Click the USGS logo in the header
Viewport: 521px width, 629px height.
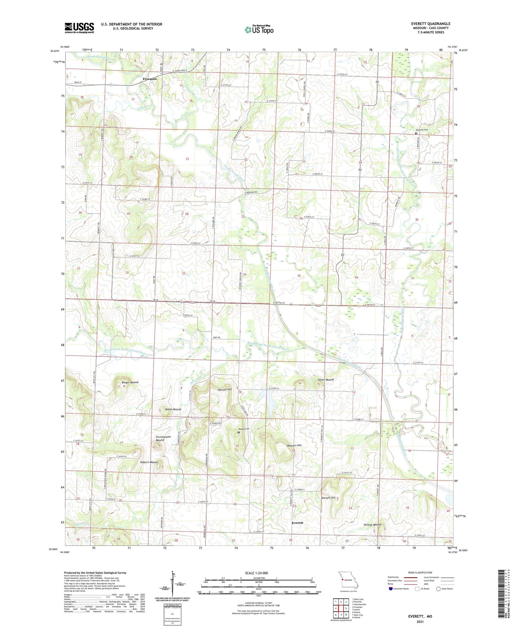pyautogui.click(x=79, y=28)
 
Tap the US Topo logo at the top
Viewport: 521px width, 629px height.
pyautogui.click(x=259, y=30)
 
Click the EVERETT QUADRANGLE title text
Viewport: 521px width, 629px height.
pyautogui.click(x=431, y=24)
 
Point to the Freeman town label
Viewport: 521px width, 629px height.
pyautogui.click(x=150, y=79)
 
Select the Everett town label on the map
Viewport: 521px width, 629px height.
pyautogui.click(x=297, y=523)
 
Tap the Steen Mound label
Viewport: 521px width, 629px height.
pyautogui.click(x=326, y=380)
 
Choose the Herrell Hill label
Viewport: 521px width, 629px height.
pyautogui.click(x=225, y=390)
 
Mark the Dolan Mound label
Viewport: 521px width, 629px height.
pyautogui.click(x=173, y=409)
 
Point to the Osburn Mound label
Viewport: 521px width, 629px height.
pyautogui.click(x=149, y=462)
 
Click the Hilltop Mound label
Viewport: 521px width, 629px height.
pyautogui.click(x=372, y=525)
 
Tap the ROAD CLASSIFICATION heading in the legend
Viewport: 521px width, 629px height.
pyautogui.click(x=420, y=573)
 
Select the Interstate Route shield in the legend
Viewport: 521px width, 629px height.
pyautogui.click(x=391, y=589)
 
